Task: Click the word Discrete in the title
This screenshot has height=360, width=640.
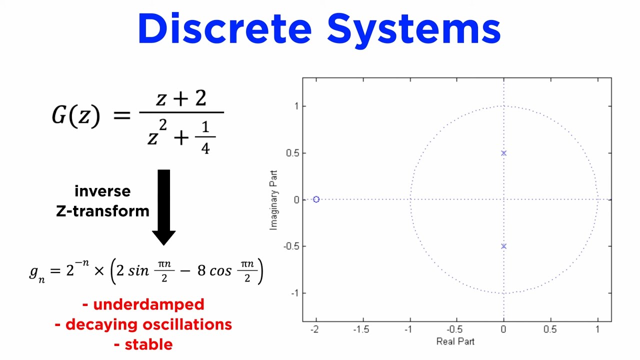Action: tap(224, 29)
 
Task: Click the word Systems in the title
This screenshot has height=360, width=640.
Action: tap(413, 29)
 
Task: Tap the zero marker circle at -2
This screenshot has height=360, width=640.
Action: tap(316, 199)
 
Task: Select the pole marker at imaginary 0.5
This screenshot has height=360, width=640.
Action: tap(503, 153)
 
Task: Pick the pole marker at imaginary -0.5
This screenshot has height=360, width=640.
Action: tap(503, 246)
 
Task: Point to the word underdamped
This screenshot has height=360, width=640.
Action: tap(148, 304)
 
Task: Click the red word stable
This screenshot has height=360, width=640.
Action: tap(148, 344)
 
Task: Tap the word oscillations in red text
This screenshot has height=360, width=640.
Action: tap(187, 324)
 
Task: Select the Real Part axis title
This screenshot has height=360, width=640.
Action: tap(455, 341)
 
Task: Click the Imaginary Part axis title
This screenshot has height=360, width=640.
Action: tap(273, 200)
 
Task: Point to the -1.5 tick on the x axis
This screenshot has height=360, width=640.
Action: tap(361, 329)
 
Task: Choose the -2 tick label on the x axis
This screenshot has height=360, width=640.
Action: tap(314, 329)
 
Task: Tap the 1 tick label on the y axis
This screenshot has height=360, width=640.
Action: tap(296, 106)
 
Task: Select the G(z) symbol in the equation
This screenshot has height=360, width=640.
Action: tap(76, 115)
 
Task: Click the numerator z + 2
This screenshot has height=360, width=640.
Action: tap(181, 98)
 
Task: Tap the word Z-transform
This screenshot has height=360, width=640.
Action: tap(102, 211)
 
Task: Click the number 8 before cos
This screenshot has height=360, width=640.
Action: tap(201, 271)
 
